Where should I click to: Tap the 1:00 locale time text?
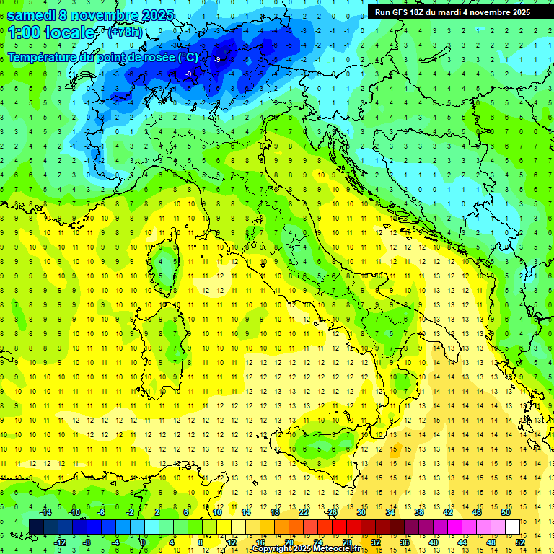pyautogui.click(x=50, y=32)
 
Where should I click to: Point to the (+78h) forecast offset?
pyautogui.click(x=124, y=32)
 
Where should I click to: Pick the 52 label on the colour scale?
pyautogui.click(x=520, y=542)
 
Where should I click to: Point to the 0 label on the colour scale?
pyautogui.click(x=143, y=542)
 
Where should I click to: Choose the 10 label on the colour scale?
pyautogui.click(x=216, y=512)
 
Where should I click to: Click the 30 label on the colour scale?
pyautogui.click(x=361, y=512)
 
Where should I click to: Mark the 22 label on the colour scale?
pyautogui.click(x=304, y=512)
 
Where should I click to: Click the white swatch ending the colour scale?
pyautogui.click(x=512, y=527)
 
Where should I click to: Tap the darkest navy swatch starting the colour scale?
pyautogui.click(x=36, y=527)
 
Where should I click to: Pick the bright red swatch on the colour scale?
pyautogui.click(x=339, y=527)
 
